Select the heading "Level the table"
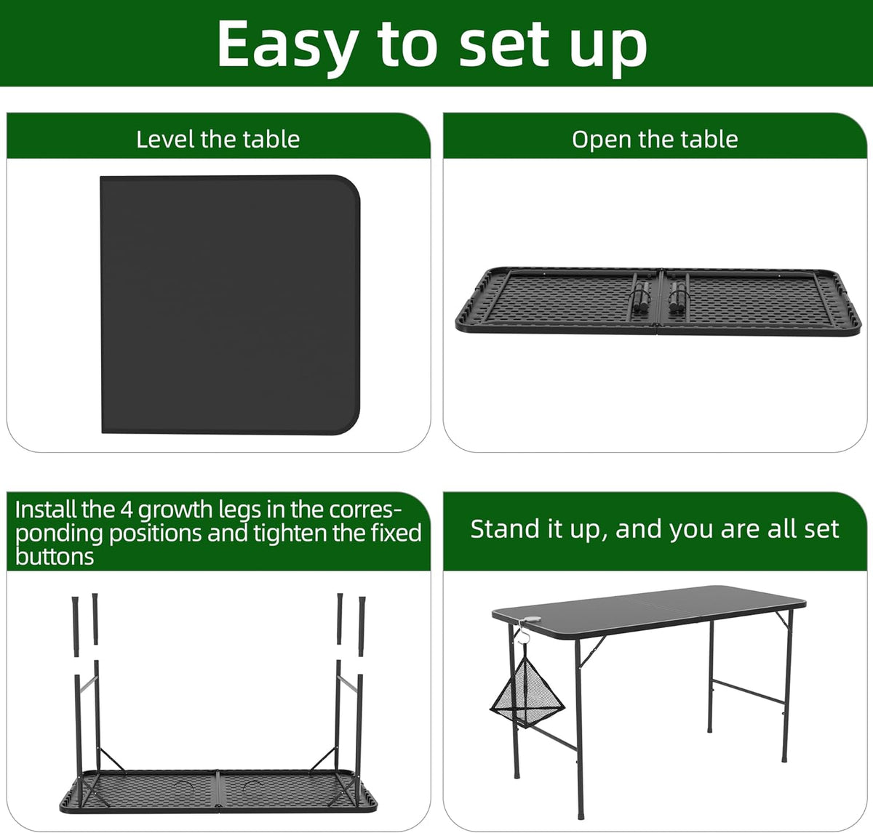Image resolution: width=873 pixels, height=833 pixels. pos(218,139)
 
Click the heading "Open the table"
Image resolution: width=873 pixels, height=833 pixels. pos(655,139)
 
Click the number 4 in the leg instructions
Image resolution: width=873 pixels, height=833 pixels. pos(127,509)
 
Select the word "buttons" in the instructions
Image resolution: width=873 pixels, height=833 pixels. pos(55,557)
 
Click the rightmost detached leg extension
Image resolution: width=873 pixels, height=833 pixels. pos(362,618)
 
